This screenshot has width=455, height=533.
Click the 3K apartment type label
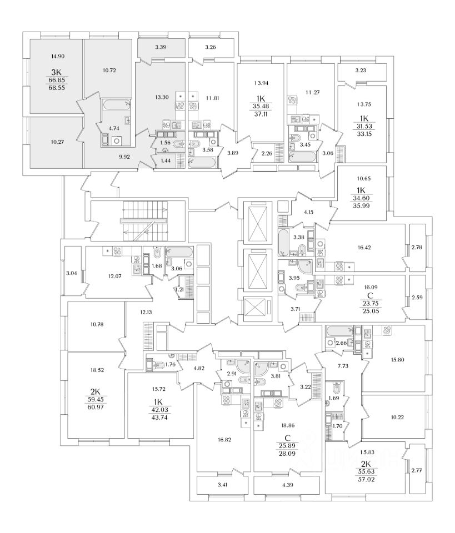(x=57, y=72)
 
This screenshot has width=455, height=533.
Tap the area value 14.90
(x=58, y=57)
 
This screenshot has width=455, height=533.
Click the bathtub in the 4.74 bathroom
(x=116, y=105)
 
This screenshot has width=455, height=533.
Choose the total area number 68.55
(x=57, y=87)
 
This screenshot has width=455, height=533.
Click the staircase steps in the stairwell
(x=144, y=220)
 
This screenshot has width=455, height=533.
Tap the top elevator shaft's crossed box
(x=258, y=223)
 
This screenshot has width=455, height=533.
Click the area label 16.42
(x=364, y=248)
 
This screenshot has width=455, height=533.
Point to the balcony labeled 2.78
(x=417, y=247)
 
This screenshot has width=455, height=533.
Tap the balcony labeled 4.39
(x=287, y=485)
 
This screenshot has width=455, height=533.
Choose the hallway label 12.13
(x=146, y=312)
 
